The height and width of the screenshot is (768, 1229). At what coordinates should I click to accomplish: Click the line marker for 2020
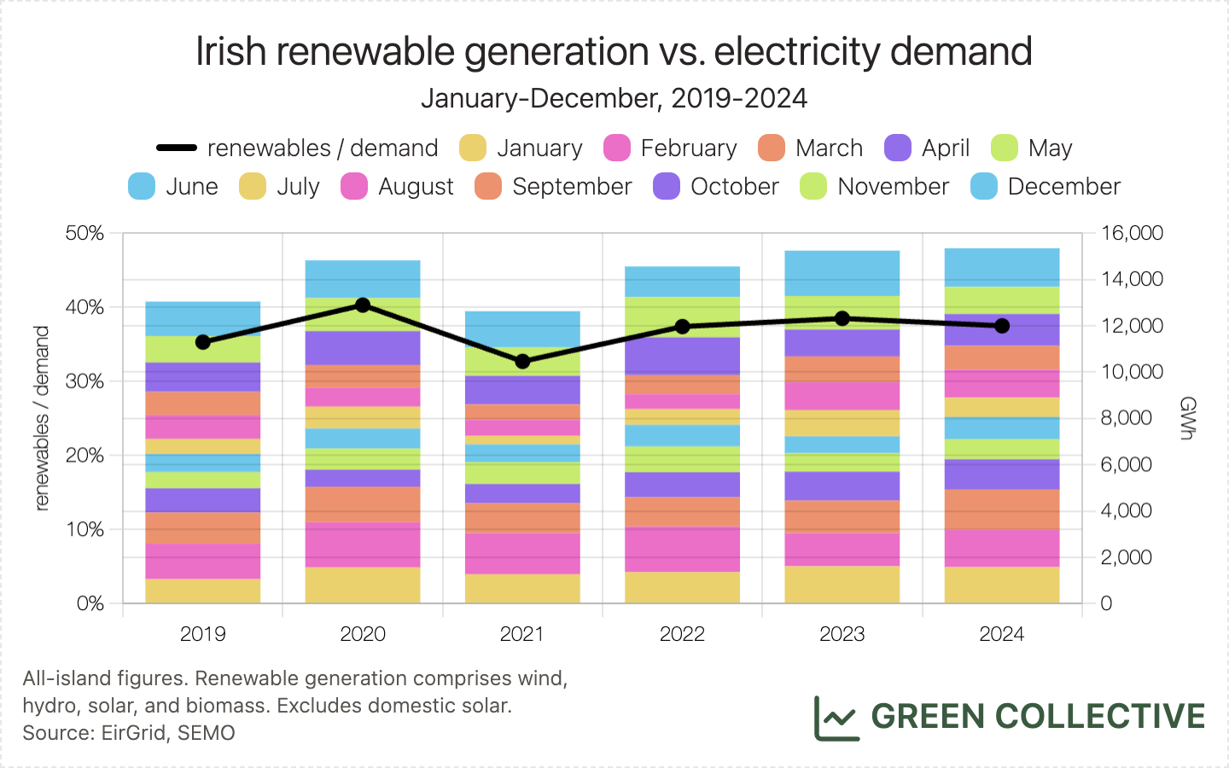coord(363,305)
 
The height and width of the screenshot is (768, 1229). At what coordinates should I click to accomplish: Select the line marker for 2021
coord(522,361)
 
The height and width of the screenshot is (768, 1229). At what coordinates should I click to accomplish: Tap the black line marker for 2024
coord(1002,326)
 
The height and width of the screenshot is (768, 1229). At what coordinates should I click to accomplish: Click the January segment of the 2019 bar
coord(203,591)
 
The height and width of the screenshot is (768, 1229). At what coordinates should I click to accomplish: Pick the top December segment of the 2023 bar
coord(842,273)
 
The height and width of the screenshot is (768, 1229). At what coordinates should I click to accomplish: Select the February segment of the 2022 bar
coord(682,549)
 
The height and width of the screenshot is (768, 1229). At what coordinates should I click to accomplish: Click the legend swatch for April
coord(898,148)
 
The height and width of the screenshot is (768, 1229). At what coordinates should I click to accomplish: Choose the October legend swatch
coord(667,186)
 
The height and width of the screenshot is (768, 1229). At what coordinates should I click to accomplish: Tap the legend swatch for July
coord(253,186)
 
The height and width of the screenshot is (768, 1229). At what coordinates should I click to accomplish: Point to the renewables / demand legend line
coord(177,148)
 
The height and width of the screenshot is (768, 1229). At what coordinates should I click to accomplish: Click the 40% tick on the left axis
coord(85,307)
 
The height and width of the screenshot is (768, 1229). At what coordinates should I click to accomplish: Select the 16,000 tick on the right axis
coord(1132,233)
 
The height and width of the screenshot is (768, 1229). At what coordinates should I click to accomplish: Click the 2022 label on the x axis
coord(682,634)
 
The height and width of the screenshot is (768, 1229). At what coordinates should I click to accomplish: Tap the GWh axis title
coord(1186,418)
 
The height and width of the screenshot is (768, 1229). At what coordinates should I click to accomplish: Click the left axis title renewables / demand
coord(42,418)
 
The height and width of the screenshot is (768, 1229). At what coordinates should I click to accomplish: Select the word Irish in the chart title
coord(231,51)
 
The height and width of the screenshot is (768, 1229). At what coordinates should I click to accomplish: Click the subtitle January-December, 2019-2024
coord(614,98)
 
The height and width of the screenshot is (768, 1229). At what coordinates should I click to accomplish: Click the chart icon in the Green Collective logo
coord(836,718)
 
